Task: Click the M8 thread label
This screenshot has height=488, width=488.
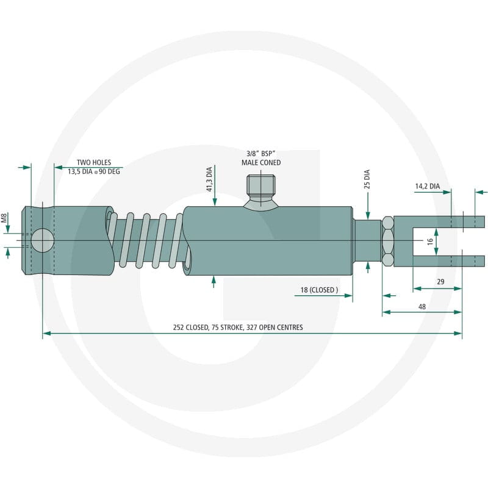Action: pos(4,218)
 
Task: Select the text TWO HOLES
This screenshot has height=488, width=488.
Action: pos(94,162)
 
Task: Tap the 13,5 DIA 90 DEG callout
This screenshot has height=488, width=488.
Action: pos(94,171)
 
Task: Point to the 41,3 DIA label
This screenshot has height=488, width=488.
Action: pos(209,179)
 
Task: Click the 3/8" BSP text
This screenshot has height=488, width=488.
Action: pos(261,154)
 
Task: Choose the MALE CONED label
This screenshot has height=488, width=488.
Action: pos(261,162)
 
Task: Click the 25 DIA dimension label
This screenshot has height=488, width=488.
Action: pos(367,179)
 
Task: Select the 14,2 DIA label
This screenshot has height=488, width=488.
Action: pos(428,186)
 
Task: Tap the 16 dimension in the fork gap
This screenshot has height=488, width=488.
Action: pos(430,241)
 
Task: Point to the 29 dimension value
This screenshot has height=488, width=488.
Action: pos(440,282)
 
